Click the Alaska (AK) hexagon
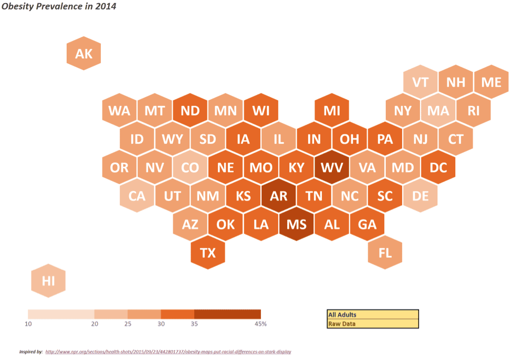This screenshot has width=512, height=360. coord(83,54)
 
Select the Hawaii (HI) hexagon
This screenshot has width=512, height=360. coord(48,281)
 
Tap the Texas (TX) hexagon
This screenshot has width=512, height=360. coord(208,253)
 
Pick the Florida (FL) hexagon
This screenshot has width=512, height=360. coord(385,253)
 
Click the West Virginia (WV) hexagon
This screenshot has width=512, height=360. coord(332,167)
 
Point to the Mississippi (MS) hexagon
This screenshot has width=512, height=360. coord(296,224)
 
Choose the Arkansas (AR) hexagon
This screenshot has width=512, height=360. coord(278,196)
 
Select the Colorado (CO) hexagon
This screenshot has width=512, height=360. coord(190,167)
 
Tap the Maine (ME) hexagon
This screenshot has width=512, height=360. coord(491,82)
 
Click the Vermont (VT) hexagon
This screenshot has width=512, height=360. coord(420,82)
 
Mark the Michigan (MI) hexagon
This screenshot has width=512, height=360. coord(332,111)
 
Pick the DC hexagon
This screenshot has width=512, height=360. coord(438,167)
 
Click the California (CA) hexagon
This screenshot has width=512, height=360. coord(137,196)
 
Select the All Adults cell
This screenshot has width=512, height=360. coord(373,315)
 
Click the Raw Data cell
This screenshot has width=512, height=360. coord(373,324)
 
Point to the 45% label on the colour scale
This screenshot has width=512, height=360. coord(260,324)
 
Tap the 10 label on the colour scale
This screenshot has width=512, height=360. coord(28,324)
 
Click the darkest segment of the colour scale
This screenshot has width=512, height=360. coord(227,314)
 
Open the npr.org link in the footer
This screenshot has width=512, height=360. coord(168,352)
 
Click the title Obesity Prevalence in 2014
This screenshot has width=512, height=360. coord(59,7)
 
